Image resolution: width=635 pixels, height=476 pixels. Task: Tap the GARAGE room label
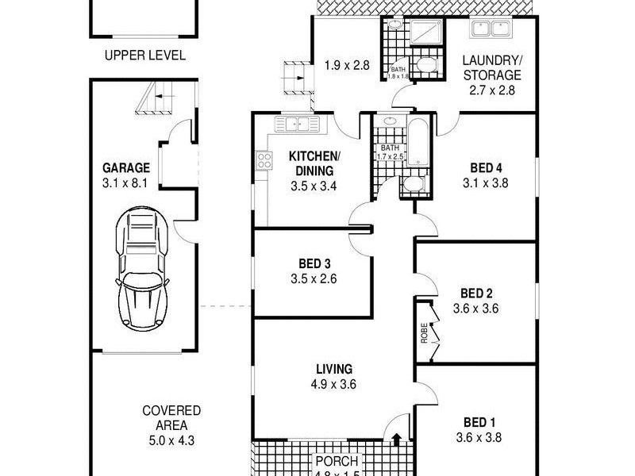[x=125, y=167]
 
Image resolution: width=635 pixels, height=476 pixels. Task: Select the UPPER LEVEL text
[x=145, y=56]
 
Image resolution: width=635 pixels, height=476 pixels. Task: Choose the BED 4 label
[x=486, y=167]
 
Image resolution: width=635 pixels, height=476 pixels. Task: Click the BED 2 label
[x=475, y=294]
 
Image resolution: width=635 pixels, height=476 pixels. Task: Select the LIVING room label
[x=333, y=369]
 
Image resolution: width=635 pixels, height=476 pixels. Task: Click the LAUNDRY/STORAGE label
[x=492, y=67]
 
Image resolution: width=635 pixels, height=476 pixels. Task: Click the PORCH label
[x=337, y=461]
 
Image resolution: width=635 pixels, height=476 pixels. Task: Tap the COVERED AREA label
[x=171, y=417]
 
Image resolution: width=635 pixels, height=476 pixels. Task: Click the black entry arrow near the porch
[x=396, y=439]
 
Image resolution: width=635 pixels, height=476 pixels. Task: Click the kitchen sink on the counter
[x=295, y=124]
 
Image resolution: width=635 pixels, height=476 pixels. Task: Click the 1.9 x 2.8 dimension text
[x=347, y=66]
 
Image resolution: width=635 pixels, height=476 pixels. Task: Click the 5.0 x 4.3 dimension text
[x=171, y=440]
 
